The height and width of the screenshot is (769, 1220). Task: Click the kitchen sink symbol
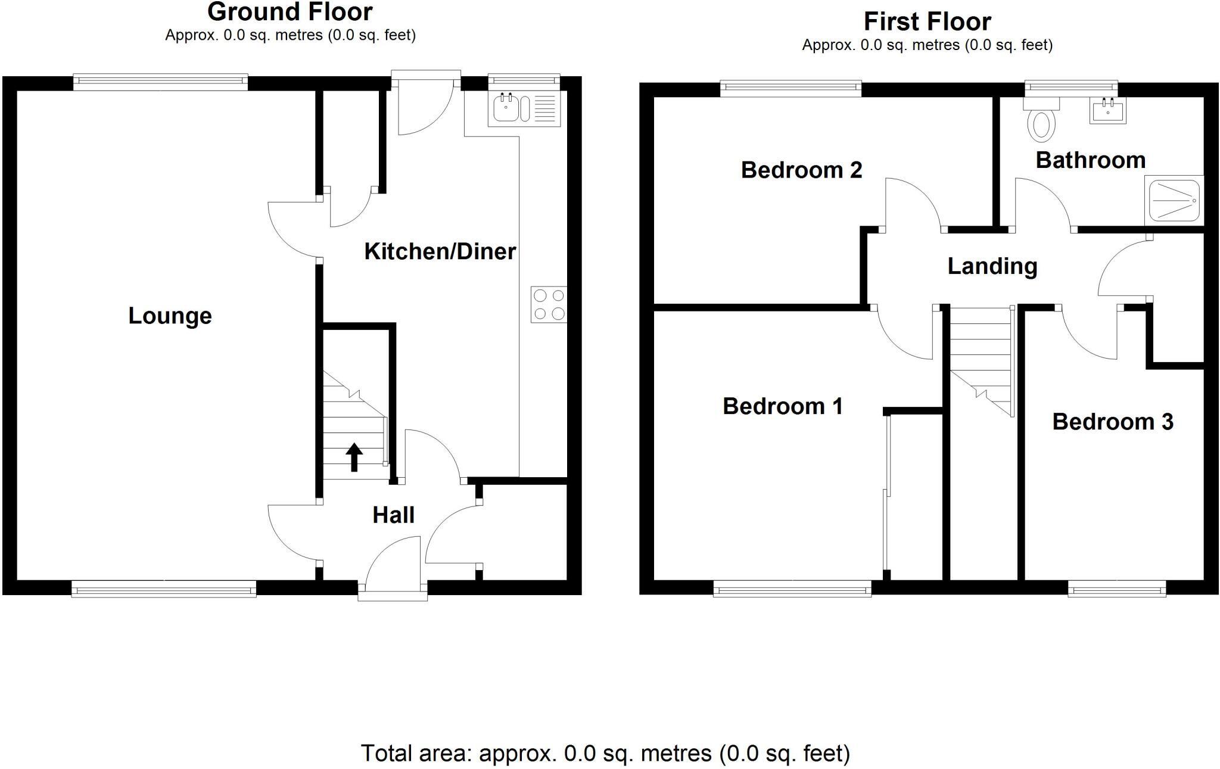524,109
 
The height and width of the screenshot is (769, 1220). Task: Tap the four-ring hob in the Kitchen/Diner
549,304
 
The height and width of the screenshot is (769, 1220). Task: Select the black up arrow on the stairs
354,457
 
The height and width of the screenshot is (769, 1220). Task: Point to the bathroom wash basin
1107,111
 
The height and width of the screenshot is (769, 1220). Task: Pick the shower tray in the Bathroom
1174,200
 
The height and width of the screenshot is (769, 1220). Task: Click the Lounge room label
170,316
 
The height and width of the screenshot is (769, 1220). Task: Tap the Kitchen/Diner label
440,251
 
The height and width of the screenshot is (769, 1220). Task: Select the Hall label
393,515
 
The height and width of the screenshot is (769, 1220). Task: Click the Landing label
992,266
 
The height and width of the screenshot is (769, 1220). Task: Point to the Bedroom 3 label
1112,422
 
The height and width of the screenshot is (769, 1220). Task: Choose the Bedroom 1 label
782,406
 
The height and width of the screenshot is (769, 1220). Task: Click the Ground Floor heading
290,12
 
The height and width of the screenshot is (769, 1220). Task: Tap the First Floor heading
927,22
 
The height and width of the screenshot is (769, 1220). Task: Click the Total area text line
605,754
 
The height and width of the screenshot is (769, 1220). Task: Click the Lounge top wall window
160,82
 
